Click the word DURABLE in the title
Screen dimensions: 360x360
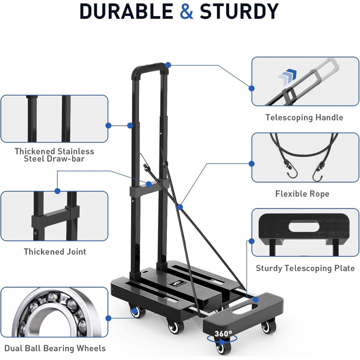point(127,11)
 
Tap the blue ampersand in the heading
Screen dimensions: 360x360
point(186,11)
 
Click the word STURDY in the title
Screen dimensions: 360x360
point(239,11)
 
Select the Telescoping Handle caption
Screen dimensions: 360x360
point(304,117)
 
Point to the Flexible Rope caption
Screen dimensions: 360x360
point(302,194)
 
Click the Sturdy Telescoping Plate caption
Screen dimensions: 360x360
point(305,268)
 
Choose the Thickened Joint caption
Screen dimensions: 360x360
point(55,252)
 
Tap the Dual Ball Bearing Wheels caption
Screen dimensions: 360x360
point(55,348)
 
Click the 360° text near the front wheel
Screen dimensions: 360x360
point(223,334)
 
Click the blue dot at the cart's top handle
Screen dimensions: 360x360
point(168,65)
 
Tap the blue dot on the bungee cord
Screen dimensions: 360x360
point(180,207)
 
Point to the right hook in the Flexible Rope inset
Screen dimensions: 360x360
point(318,172)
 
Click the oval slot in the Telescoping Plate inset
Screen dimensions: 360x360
point(304,226)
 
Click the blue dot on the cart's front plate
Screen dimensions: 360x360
point(255,299)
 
